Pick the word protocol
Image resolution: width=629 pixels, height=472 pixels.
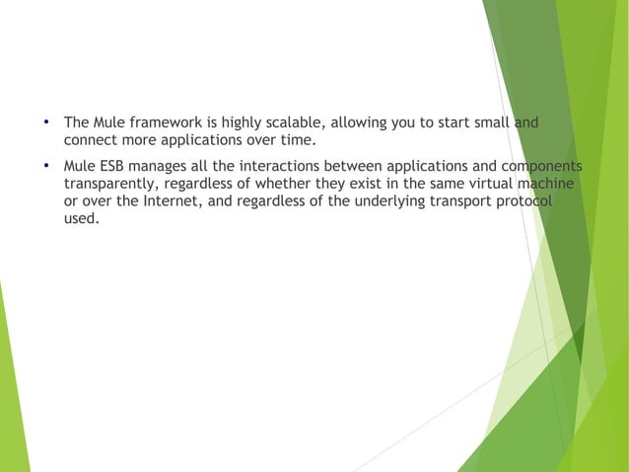coord(523,200)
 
